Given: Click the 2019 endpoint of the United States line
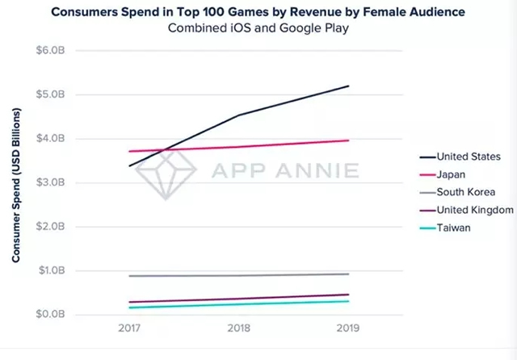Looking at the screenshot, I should click(349, 86).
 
